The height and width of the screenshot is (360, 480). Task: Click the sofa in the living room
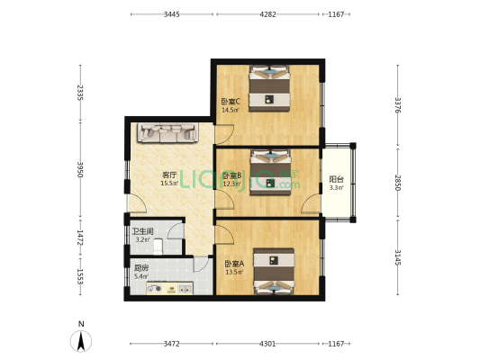[x=167, y=134]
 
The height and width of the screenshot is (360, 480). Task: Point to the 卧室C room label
[x=231, y=102]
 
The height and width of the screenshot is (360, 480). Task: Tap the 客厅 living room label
[x=168, y=175]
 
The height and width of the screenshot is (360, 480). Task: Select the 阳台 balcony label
[x=335, y=178]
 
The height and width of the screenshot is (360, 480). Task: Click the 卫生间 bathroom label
[x=142, y=231]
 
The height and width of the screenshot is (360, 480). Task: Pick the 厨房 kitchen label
[x=140, y=267]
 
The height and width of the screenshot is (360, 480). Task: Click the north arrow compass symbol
[x=81, y=340]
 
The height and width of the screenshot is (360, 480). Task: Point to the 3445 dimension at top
[x=172, y=14]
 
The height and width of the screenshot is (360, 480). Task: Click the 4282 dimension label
[x=267, y=14]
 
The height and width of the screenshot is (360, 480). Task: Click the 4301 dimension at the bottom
[x=267, y=344]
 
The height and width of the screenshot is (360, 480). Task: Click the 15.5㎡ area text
[x=168, y=183]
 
